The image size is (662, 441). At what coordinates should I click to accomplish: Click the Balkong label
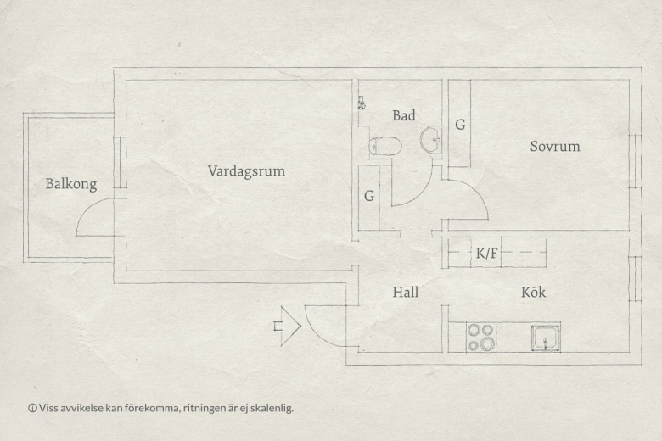[71, 184]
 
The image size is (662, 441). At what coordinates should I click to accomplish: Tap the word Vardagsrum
[246, 171]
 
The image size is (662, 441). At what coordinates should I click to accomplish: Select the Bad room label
[404, 115]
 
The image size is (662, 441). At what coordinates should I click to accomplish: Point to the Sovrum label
[555, 147]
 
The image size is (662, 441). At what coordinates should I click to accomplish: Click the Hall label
[406, 292]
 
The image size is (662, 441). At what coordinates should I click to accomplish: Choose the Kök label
[533, 292]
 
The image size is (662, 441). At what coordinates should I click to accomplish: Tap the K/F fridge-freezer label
[487, 253]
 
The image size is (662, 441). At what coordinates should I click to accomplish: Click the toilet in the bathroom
[384, 146]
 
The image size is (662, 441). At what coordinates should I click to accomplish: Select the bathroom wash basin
[430, 138]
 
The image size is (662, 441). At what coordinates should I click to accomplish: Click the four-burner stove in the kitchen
[481, 338]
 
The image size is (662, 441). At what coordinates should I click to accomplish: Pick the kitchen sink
[546, 338]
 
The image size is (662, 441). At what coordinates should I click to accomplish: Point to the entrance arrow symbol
[288, 327]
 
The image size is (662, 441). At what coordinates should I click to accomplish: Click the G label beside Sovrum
[460, 125]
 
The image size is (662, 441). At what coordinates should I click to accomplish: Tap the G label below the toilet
[369, 196]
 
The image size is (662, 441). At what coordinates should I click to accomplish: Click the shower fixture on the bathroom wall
[362, 103]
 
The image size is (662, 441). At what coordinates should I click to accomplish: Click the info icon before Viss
[32, 408]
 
